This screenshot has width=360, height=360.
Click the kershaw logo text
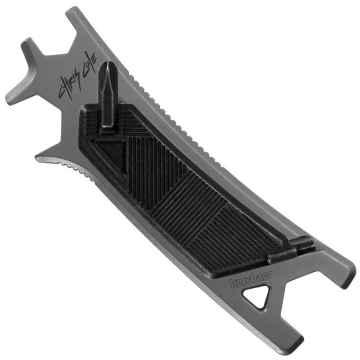click(251, 279)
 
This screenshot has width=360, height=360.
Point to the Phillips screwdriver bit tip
click(105, 70)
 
